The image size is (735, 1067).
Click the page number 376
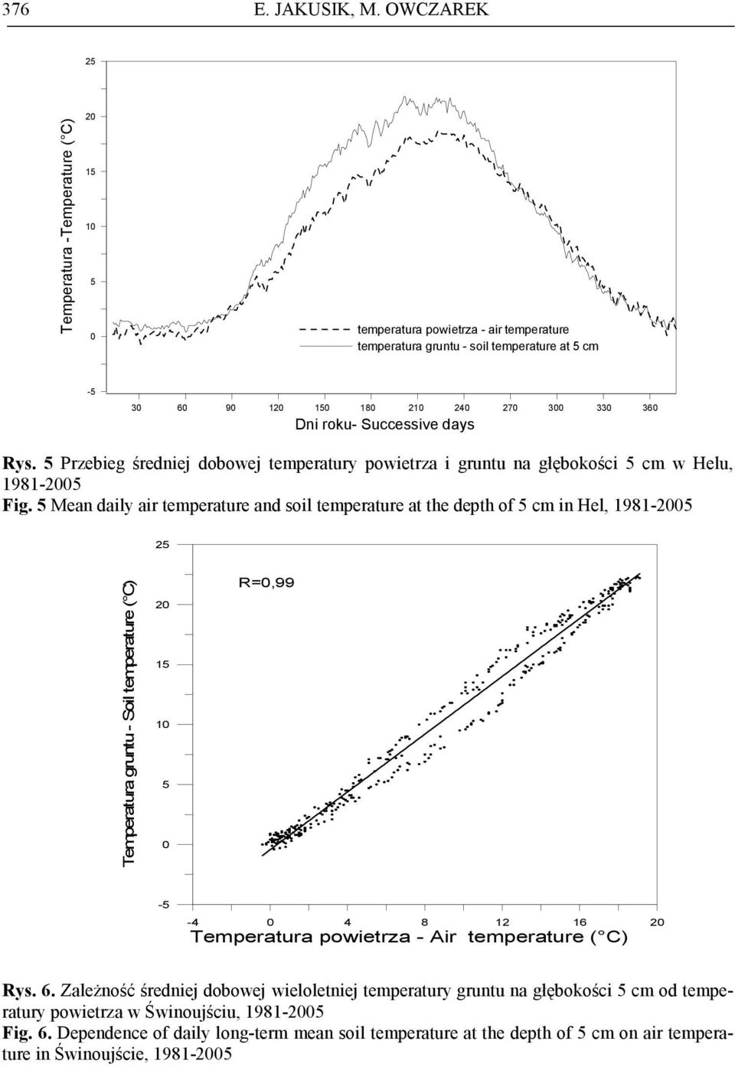click(15, 9)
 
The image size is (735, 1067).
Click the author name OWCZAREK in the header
click(436, 9)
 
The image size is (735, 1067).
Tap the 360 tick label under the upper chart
click(650, 408)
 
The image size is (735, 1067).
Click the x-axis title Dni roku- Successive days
click(385, 424)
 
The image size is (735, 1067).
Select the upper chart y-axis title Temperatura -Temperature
click(67, 226)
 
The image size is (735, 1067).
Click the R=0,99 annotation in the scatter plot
click(266, 582)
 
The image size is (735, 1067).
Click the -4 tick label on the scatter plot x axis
click(193, 922)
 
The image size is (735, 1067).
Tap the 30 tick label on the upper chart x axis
click(136, 408)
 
